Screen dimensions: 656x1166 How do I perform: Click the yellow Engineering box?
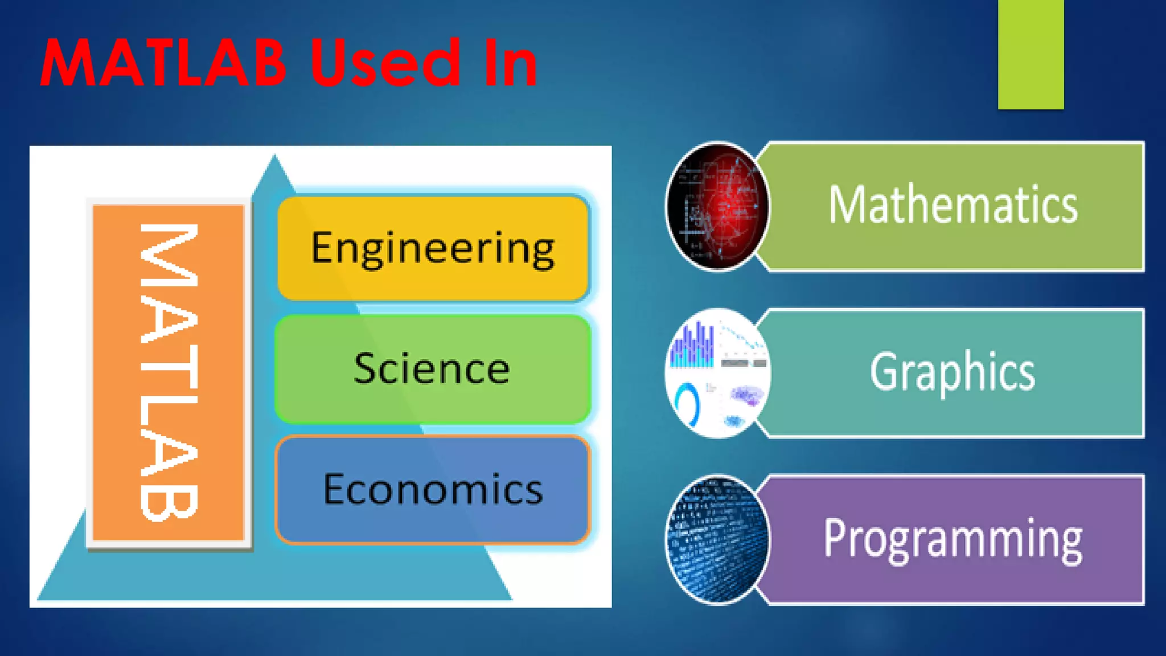[433, 248]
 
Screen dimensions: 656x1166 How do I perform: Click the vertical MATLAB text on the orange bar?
[169, 372]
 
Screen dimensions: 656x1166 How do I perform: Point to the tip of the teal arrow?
[274, 157]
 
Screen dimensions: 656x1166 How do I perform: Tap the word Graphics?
[952, 372]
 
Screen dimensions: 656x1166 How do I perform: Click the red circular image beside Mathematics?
[717, 206]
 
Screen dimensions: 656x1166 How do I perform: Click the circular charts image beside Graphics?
[717, 373]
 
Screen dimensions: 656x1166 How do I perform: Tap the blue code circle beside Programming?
[717, 539]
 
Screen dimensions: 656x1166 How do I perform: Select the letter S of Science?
[364, 369]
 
